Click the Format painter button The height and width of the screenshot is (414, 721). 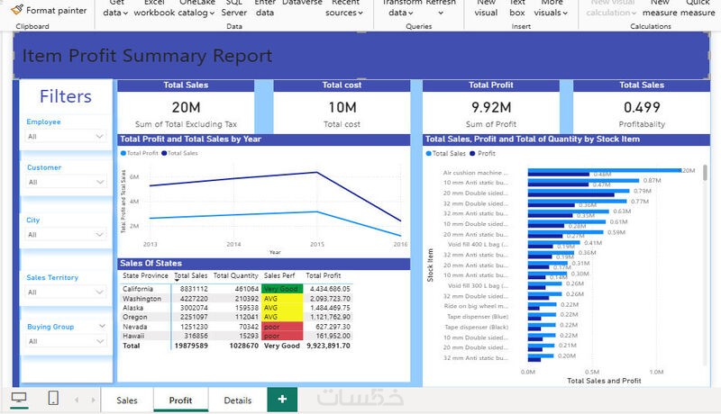pos(50,11)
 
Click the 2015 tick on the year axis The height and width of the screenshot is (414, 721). pos(317,244)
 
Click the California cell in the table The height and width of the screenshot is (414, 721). pos(141,289)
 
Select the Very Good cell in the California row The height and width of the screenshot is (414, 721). pos(279,289)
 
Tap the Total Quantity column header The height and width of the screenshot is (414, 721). pos(237,275)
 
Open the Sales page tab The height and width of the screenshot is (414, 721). pos(127,400)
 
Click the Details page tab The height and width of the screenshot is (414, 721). pos(238,400)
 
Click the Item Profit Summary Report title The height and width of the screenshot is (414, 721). pos(147,57)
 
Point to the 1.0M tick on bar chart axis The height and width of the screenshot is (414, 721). pos(657,371)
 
